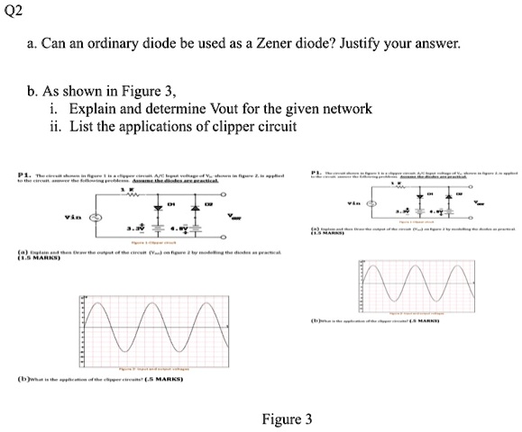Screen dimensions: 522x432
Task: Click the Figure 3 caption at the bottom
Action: [287, 419]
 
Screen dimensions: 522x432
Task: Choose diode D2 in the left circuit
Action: [192, 208]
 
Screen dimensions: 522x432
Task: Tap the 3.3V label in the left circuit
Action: [133, 229]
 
